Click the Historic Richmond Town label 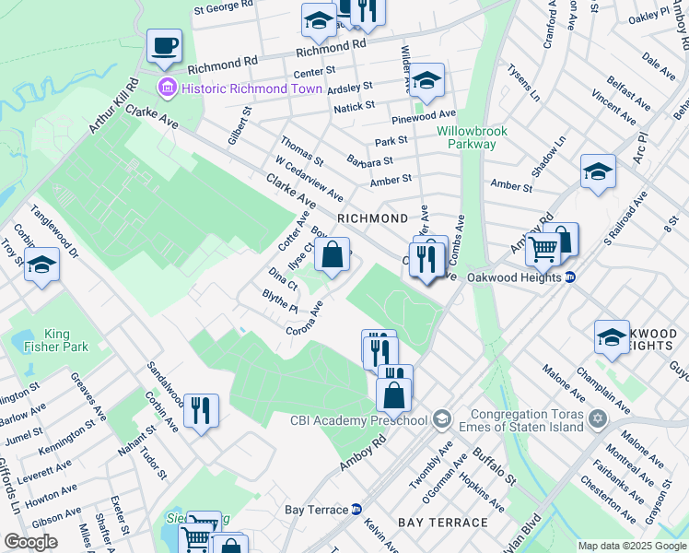point(251,88)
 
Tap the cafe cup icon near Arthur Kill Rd point(164,46)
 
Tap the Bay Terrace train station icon point(356,509)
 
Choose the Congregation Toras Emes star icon point(598,419)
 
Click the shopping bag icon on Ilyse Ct point(333,254)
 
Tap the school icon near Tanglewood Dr point(41,266)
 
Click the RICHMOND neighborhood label point(372,218)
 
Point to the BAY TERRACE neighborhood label point(442,523)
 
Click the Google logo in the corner point(30,542)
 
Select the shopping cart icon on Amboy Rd point(543,247)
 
